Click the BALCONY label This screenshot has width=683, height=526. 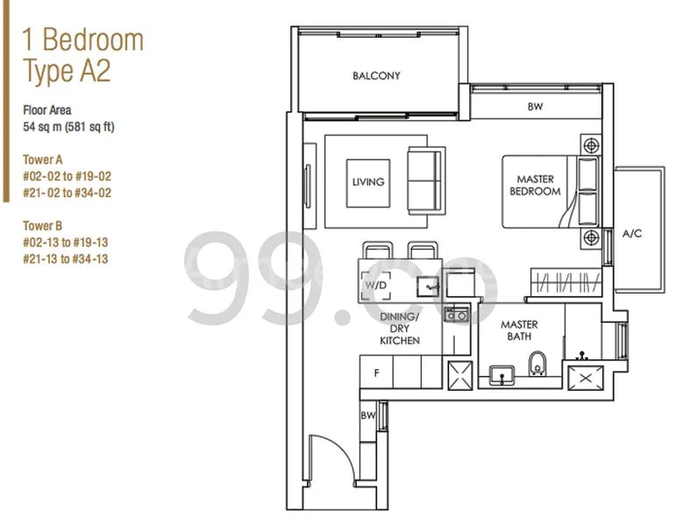pos(376,76)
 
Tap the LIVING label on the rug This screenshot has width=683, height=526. pos(368,182)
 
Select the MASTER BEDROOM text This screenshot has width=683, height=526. pos(535,185)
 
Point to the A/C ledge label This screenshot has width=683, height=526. pos(632,234)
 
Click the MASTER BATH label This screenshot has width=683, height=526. pos(519,331)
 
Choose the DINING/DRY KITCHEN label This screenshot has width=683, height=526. pos(399,328)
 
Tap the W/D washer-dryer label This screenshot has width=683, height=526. pos(375,285)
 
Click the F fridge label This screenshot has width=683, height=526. pos(376,373)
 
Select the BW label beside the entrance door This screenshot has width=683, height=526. pos(367,416)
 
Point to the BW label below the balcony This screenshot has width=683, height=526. pos(535,107)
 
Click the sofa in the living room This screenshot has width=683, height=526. pos(426,180)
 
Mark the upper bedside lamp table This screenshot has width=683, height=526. pos(591,145)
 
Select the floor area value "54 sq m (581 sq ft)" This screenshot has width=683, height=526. pos(68,127)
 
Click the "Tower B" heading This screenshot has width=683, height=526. pos(42,225)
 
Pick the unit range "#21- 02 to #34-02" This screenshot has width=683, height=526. pos(68,192)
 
